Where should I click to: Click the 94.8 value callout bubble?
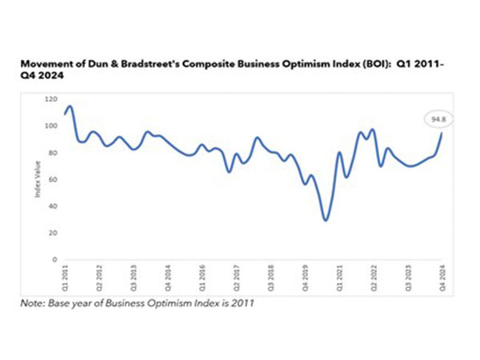click(x=437, y=119)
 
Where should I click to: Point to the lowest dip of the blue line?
click(x=325, y=219)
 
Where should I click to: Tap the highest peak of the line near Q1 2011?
click(x=70, y=106)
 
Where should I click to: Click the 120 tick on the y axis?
click(x=50, y=99)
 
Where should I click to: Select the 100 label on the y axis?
click(x=50, y=126)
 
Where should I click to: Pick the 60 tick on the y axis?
click(x=52, y=179)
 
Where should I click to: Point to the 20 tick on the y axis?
click(x=52, y=233)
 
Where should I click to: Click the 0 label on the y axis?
click(x=54, y=259)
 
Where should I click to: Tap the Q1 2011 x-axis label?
click(x=63, y=275)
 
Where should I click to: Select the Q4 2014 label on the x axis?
click(x=166, y=275)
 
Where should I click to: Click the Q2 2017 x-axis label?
click(x=235, y=275)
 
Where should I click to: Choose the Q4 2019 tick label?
click(x=304, y=275)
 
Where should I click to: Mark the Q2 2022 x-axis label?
click(x=373, y=275)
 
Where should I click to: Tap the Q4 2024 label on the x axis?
click(x=442, y=275)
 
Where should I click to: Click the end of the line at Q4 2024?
click(x=443, y=134)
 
